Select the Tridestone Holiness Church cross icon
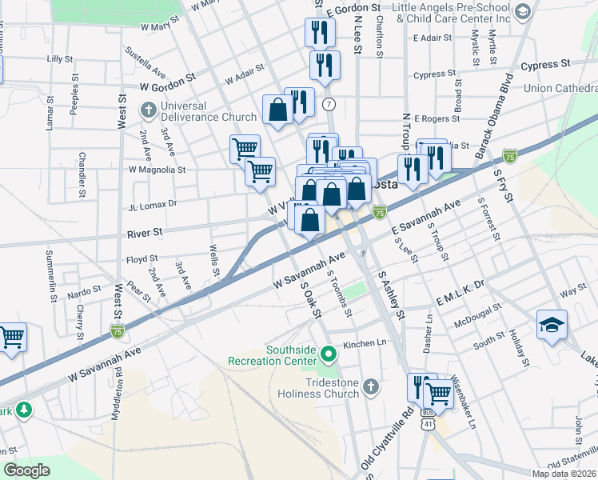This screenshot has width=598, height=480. tap(369, 388)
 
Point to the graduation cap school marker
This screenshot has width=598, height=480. tap(552, 325)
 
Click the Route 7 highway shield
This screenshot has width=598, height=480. tap(329, 105)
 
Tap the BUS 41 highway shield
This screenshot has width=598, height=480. tap(429, 424)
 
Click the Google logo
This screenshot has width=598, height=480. tap(26, 470)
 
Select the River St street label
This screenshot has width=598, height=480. tap(145, 233)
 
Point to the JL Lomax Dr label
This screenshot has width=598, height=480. tap(152, 205)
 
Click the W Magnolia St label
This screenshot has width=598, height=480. tap(157, 170)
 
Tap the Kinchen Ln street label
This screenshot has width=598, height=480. tap(365, 344)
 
